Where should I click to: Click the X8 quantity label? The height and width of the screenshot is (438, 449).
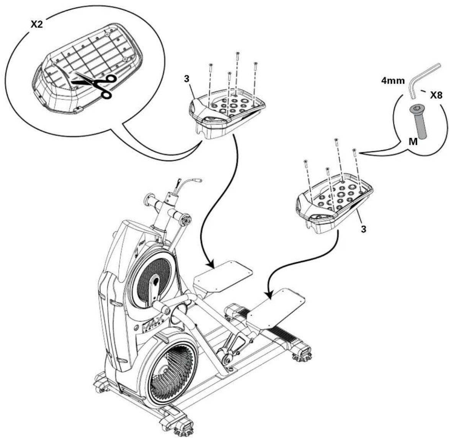tap(436, 96)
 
